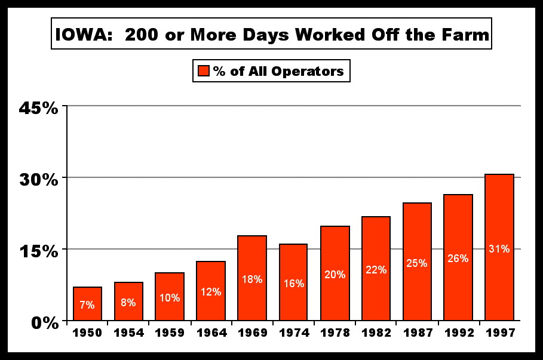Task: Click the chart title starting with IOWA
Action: [x=272, y=36]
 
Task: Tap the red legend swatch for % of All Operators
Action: [x=203, y=72]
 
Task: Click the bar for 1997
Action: [x=499, y=247]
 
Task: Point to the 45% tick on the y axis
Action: [x=39, y=107]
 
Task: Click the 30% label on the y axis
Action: [x=39, y=179]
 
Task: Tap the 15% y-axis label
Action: [x=39, y=250]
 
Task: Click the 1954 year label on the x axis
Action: [x=128, y=332]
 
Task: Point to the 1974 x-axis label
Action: [x=293, y=332]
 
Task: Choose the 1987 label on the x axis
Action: [x=417, y=332]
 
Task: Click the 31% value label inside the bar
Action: [x=499, y=248]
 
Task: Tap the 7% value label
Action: [x=87, y=305]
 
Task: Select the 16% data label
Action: [x=293, y=284]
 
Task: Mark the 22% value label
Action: [x=376, y=270]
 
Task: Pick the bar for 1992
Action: [x=458, y=257]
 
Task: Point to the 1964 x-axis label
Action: [x=211, y=332]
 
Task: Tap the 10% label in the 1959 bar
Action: [x=170, y=297]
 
